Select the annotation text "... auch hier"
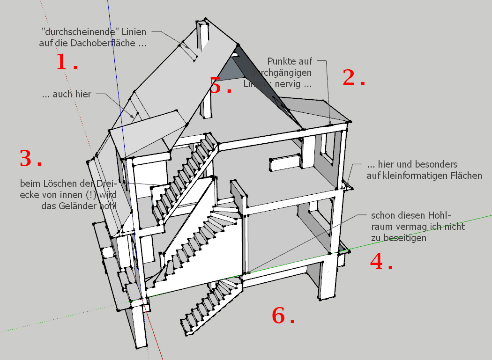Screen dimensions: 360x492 (67, 94)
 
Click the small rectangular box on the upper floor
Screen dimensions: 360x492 (284, 162)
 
